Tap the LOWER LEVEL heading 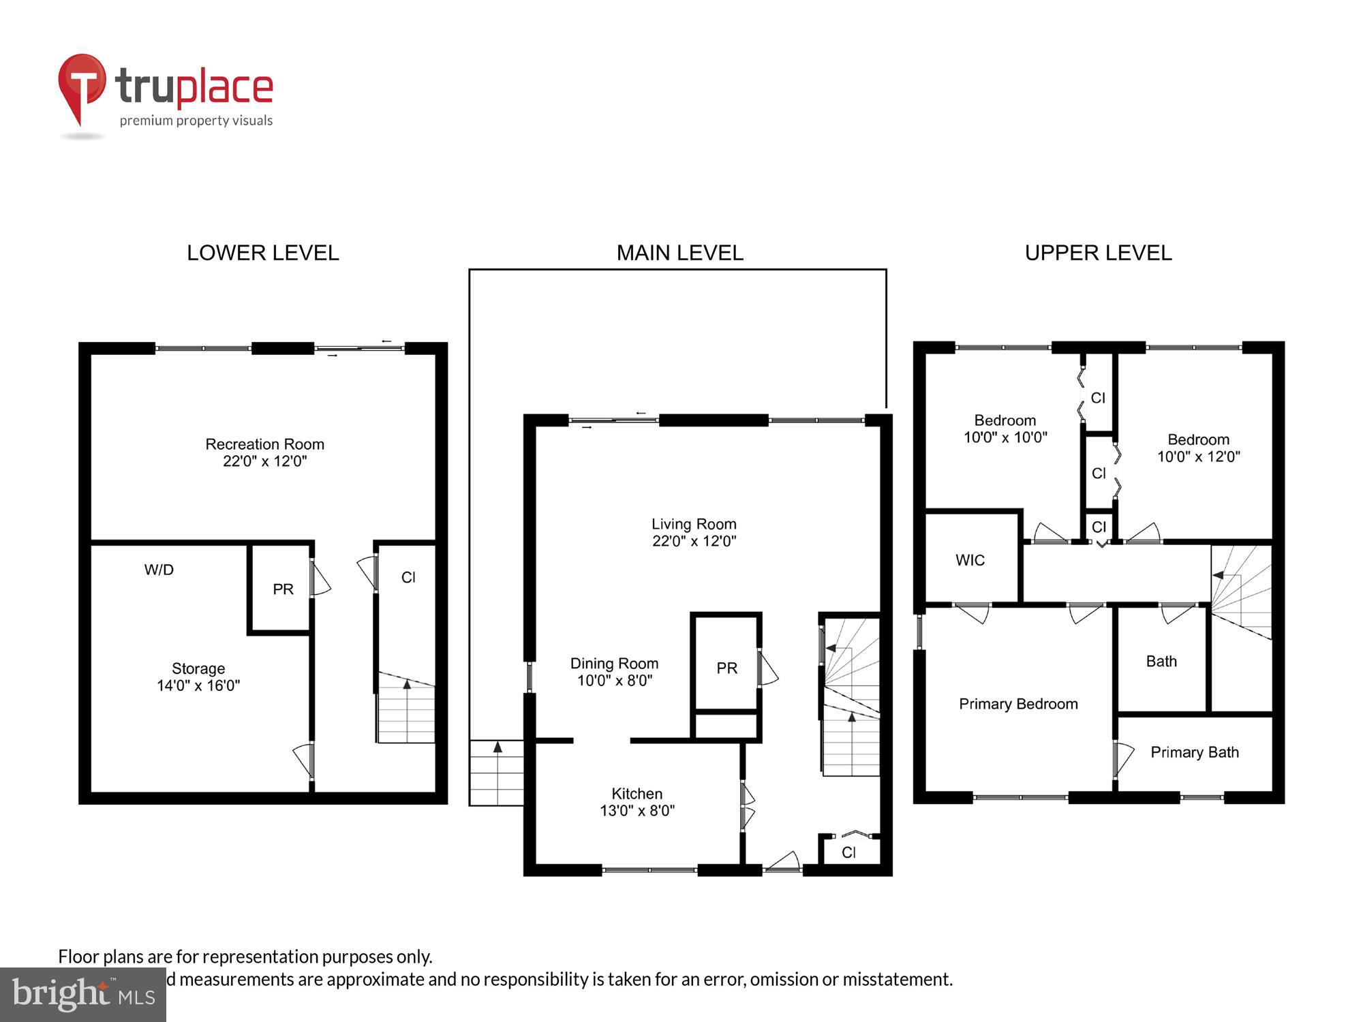[x=262, y=253]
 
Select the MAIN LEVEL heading [x=679, y=253]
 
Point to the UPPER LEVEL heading [x=1098, y=253]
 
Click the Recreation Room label [x=264, y=452]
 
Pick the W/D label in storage [x=159, y=570]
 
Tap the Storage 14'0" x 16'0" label [x=198, y=677]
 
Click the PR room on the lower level [x=283, y=589]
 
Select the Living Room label [x=694, y=532]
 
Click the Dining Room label [x=614, y=671]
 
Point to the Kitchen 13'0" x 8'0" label [x=637, y=802]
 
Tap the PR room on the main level [x=726, y=668]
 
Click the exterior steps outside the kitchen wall [x=497, y=773]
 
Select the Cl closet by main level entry [x=848, y=852]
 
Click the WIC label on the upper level [x=970, y=560]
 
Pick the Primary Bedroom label [x=1018, y=704]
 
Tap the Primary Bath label [x=1194, y=752]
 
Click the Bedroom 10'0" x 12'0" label [x=1198, y=448]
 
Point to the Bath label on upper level [x=1161, y=661]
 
